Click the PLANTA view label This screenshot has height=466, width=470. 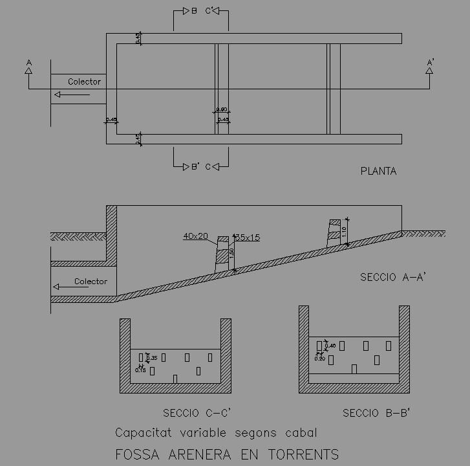[x=378, y=172]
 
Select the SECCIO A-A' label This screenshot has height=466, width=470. [x=393, y=277]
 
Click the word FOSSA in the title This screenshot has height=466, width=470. [x=136, y=454]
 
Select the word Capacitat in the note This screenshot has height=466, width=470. [x=142, y=432]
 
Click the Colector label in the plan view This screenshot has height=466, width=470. [x=84, y=82]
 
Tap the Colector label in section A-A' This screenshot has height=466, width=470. [x=91, y=282]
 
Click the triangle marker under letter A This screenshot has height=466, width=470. [x=28, y=69]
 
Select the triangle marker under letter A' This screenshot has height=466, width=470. [x=429, y=69]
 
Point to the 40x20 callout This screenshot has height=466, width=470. [x=195, y=237]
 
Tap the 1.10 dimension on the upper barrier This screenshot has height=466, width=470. [x=345, y=231]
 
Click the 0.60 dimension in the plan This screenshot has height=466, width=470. [x=222, y=109]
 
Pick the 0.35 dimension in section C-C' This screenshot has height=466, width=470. [x=153, y=358]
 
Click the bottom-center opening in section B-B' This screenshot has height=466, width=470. [x=354, y=368]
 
